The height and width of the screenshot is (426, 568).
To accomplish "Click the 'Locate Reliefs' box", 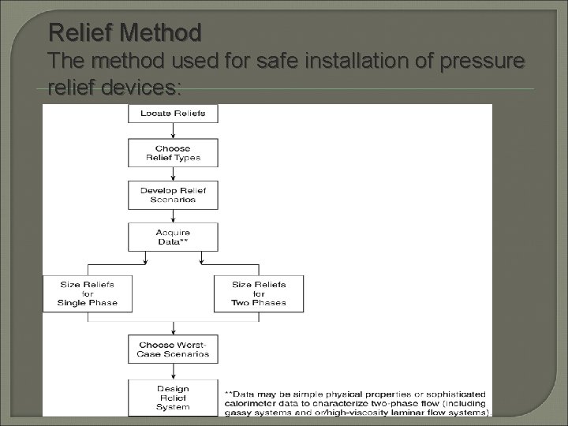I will (x=173, y=114).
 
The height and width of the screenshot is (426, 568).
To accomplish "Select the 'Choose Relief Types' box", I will (x=173, y=152).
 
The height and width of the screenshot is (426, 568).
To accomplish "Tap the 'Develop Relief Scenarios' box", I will (x=173, y=195).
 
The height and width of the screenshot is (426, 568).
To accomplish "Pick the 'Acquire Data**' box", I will (x=173, y=237).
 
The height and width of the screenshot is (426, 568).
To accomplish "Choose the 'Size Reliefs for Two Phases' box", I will (x=259, y=293).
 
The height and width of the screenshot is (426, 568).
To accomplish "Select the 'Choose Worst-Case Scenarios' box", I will (x=173, y=349).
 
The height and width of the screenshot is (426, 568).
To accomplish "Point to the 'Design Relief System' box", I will (x=173, y=397).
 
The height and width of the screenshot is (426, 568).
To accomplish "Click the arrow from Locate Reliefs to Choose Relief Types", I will (x=173, y=131).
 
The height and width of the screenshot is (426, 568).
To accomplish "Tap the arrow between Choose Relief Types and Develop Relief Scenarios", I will (x=173, y=174).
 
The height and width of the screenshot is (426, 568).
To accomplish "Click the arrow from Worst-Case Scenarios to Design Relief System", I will (x=173, y=372).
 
